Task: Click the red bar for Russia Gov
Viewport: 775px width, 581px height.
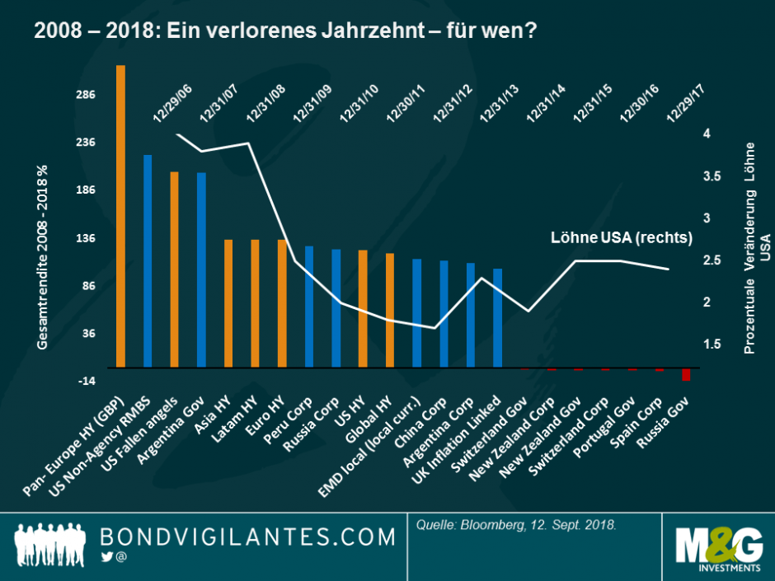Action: [x=685, y=374]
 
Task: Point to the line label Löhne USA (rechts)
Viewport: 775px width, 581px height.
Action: [x=621, y=237]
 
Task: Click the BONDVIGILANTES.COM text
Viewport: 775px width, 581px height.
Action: [x=247, y=537]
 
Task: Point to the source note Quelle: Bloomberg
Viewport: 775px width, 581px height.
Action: [x=512, y=524]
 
